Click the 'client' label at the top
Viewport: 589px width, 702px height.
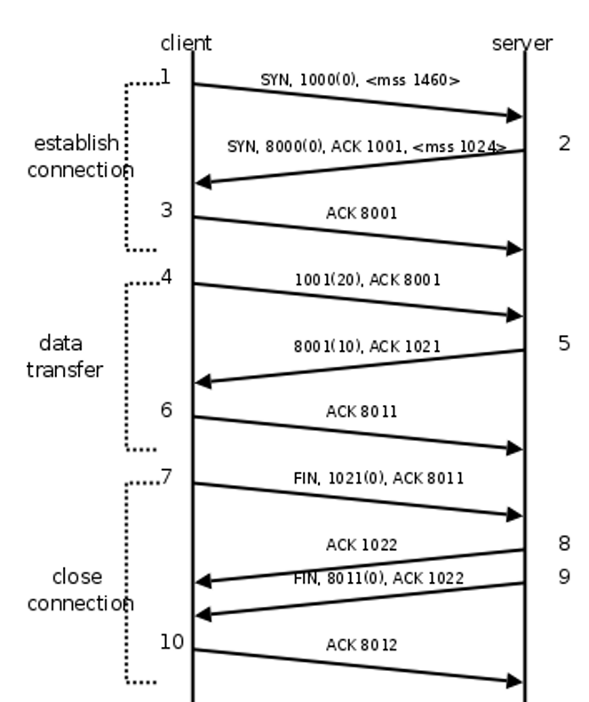click(x=186, y=43)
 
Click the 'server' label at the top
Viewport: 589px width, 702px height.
click(x=522, y=43)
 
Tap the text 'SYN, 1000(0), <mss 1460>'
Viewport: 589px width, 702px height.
click(x=360, y=79)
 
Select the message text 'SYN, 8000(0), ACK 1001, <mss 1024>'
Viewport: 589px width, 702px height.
click(x=367, y=147)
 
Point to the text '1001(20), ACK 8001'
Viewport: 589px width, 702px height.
click(x=367, y=280)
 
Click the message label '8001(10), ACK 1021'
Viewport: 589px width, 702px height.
click(x=366, y=347)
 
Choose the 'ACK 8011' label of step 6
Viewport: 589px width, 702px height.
click(x=361, y=412)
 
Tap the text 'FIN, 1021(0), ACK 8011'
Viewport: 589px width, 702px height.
click(x=378, y=479)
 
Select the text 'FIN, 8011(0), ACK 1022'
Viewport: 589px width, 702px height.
click(x=378, y=578)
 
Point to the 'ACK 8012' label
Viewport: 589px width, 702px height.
click(x=361, y=644)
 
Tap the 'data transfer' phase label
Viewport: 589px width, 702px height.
click(x=64, y=356)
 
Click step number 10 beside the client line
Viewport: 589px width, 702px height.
click(x=172, y=641)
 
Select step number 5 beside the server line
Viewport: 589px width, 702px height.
click(x=564, y=343)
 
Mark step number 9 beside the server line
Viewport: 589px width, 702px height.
click(x=564, y=576)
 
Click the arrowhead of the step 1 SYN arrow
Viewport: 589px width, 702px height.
click(x=514, y=116)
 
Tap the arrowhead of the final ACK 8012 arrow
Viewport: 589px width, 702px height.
click(x=514, y=682)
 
